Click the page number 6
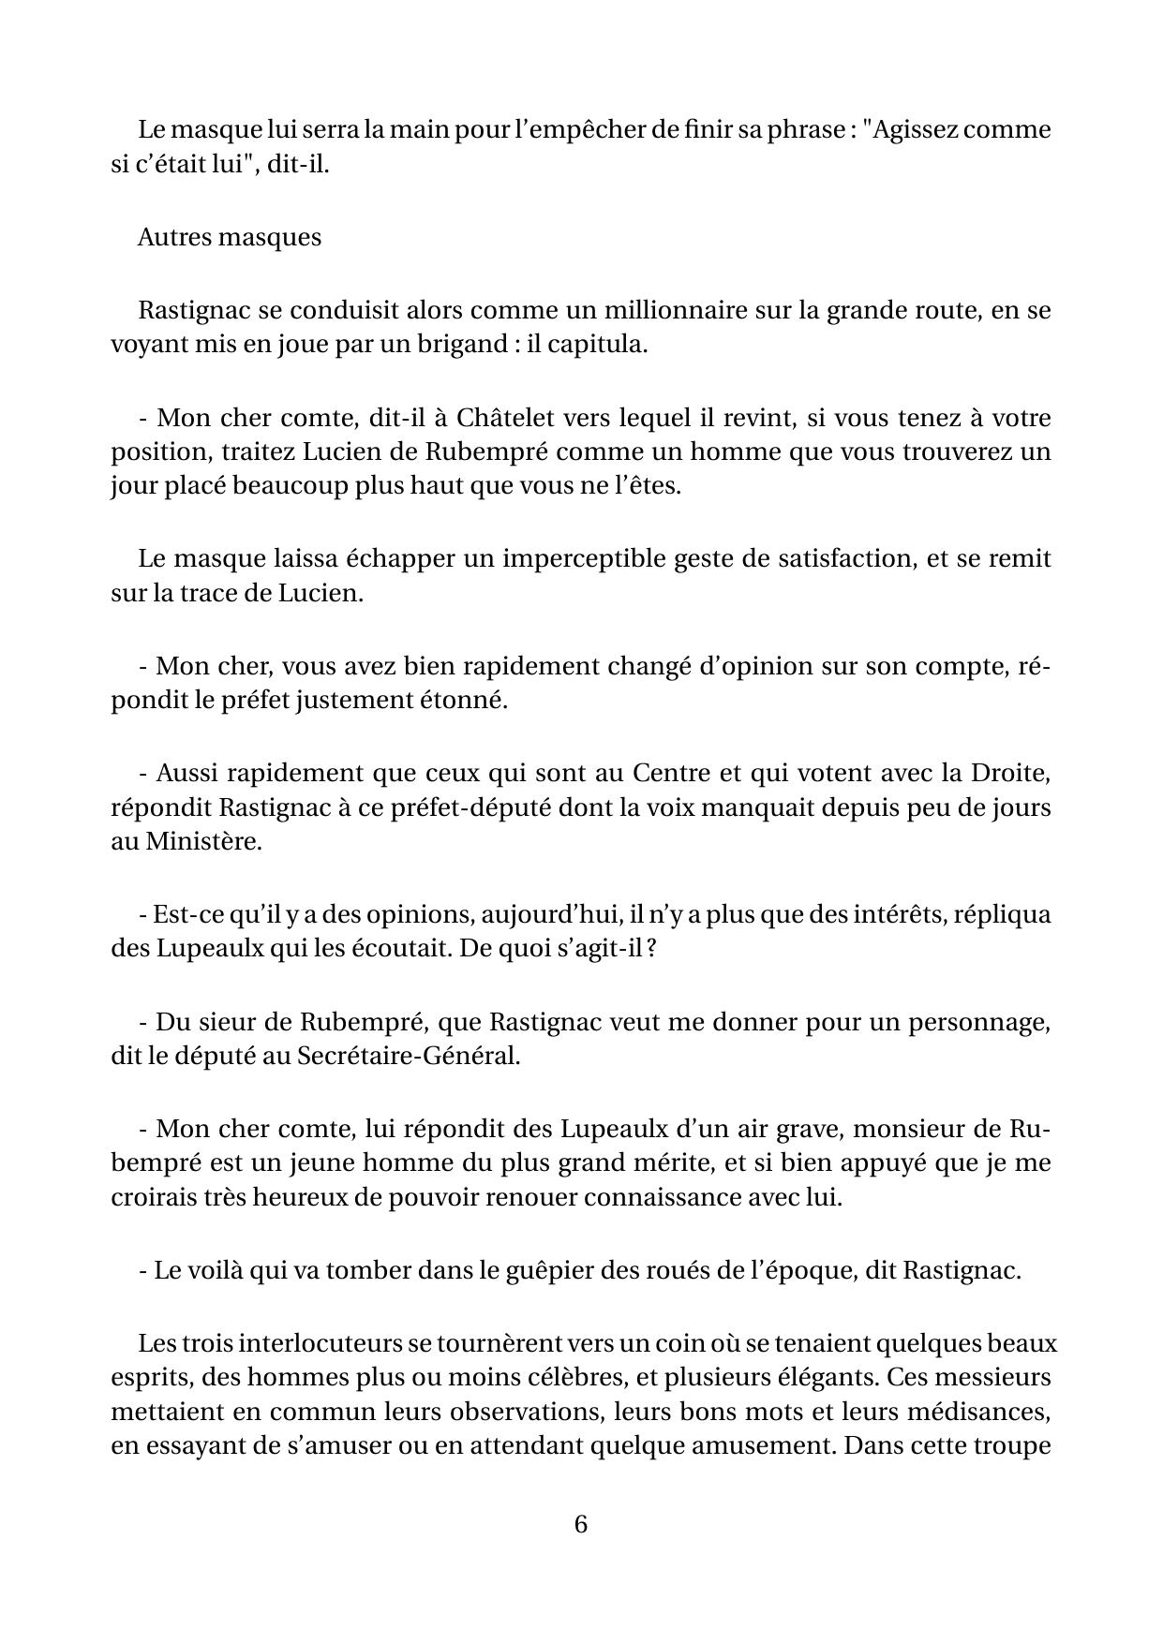[x=580, y=1524]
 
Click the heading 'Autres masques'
[x=229, y=237]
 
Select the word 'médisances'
[x=989, y=1412]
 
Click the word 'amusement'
[x=759, y=1445]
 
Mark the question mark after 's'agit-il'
[x=649, y=948]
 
